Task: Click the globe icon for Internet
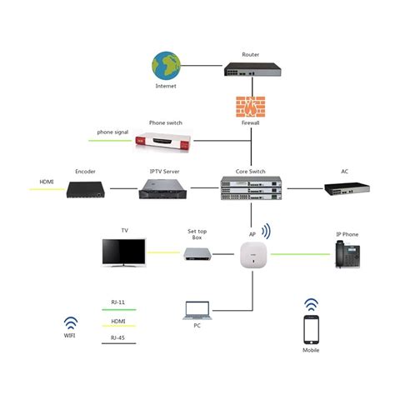click(x=166, y=64)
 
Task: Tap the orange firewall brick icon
click(x=251, y=106)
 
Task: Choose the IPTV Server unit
click(x=164, y=190)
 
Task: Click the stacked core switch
click(x=251, y=190)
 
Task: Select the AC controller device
click(x=344, y=188)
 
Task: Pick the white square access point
click(x=251, y=253)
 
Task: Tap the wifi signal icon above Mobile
click(x=311, y=304)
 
